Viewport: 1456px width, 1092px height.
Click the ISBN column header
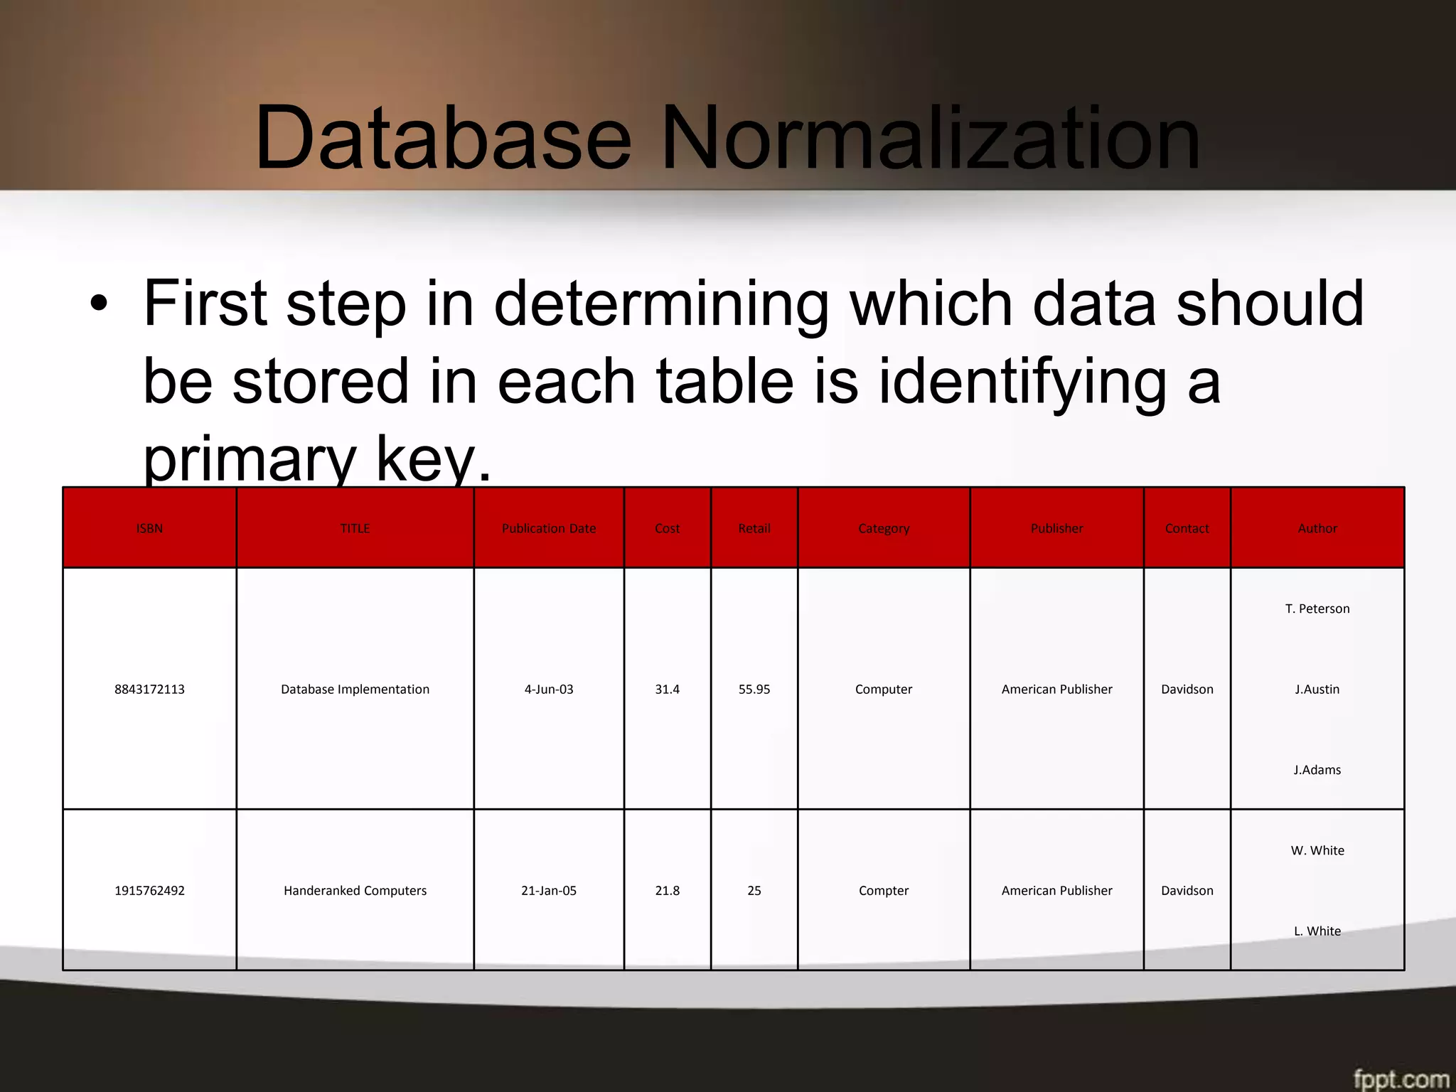(149, 528)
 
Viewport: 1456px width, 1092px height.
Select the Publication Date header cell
(549, 528)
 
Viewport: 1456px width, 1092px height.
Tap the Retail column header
(754, 528)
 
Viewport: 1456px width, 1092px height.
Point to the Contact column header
(1187, 528)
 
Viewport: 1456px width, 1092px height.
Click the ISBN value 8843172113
(149, 689)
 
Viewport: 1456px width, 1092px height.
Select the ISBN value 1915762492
(149, 890)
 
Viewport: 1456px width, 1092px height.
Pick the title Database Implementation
(355, 689)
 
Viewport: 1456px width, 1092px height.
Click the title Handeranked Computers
(355, 890)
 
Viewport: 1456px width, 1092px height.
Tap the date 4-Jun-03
(549, 689)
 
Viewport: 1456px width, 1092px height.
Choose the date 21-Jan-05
(549, 890)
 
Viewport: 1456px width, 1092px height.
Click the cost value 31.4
(667, 689)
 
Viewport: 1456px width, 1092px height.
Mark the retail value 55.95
(754, 689)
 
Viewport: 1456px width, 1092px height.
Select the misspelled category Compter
(884, 890)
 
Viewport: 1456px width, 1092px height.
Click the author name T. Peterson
(1317, 609)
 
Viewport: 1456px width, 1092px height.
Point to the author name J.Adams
(1317, 769)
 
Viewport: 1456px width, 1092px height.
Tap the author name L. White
(1317, 931)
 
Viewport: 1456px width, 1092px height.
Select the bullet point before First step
(99, 304)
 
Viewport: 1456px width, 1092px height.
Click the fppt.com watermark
(1401, 1078)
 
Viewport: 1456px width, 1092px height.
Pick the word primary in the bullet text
(249, 461)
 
